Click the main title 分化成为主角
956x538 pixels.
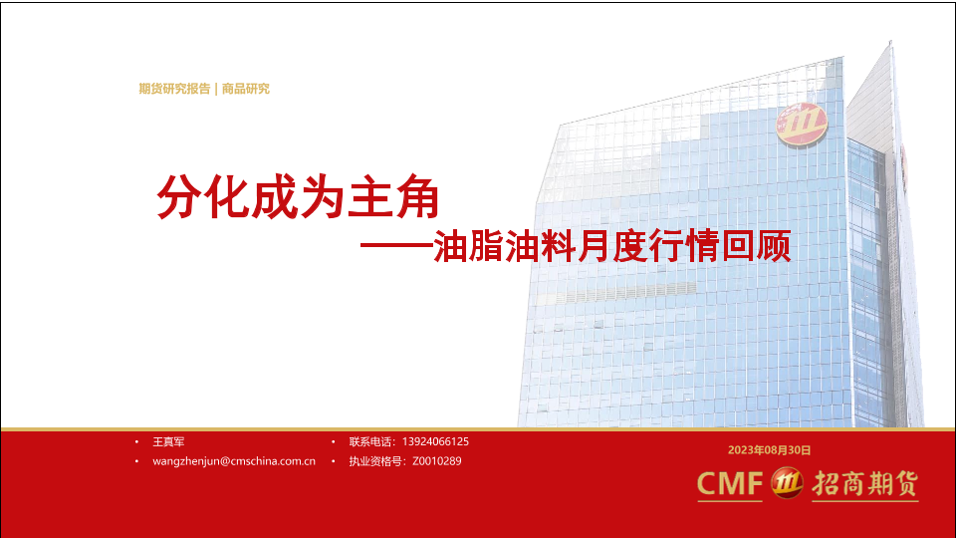tap(298, 196)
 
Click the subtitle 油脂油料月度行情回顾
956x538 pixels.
tap(612, 246)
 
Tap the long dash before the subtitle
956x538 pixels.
tap(396, 246)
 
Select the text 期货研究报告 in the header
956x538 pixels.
tap(174, 89)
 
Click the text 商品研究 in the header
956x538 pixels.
tap(246, 89)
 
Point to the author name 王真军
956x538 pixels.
tap(168, 441)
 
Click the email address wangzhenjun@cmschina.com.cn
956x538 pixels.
tap(234, 461)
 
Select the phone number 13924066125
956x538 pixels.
tap(435, 441)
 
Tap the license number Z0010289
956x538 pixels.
tap(436, 461)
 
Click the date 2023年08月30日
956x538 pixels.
tap(770, 450)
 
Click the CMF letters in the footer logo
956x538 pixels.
tap(730, 484)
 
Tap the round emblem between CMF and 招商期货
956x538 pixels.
tap(787, 483)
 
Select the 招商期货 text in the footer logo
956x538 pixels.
tap(865, 484)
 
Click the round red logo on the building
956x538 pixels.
tap(801, 125)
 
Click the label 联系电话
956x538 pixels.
tap(371, 441)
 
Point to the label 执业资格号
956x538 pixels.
tap(376, 461)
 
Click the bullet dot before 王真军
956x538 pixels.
tap(136, 441)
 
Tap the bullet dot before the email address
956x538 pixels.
tap(136, 461)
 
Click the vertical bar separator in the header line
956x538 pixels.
tap(216, 89)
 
